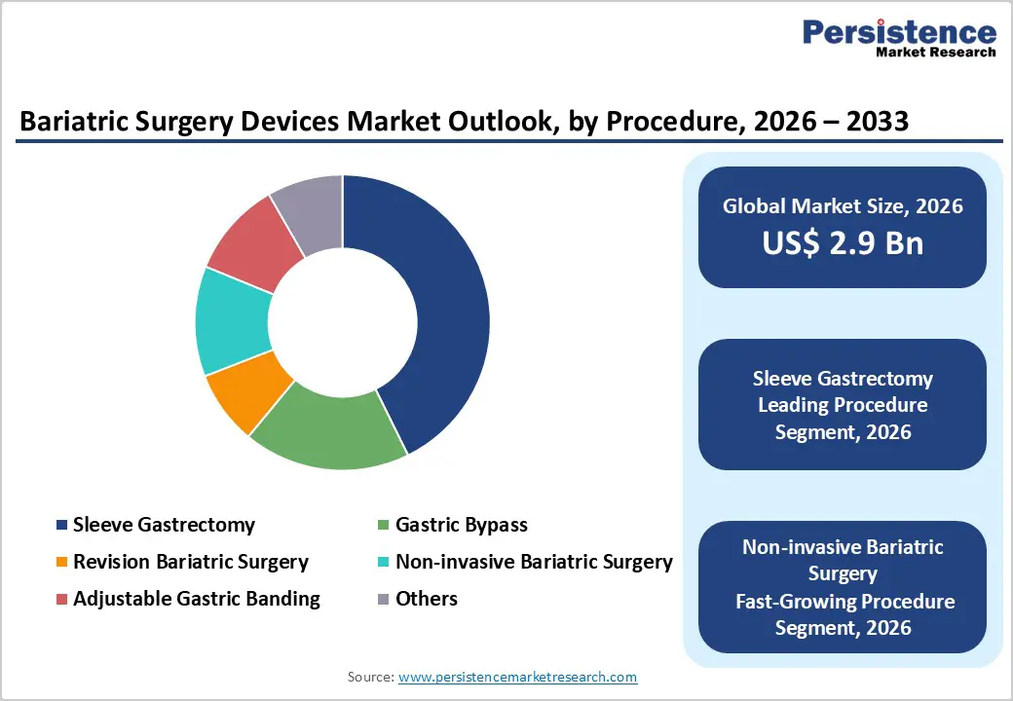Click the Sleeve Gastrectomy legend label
(x=164, y=525)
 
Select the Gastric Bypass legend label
(x=461, y=525)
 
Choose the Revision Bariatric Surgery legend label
(x=190, y=562)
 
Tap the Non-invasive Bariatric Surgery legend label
(x=533, y=562)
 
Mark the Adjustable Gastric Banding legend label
(x=196, y=599)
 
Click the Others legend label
(x=426, y=599)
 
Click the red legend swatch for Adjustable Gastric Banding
(x=62, y=599)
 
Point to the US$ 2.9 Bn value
(x=843, y=242)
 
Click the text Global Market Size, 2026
(x=843, y=205)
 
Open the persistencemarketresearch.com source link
(x=517, y=677)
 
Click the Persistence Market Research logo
(x=898, y=39)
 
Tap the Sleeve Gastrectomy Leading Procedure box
(x=843, y=404)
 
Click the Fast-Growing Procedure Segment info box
(x=843, y=587)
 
